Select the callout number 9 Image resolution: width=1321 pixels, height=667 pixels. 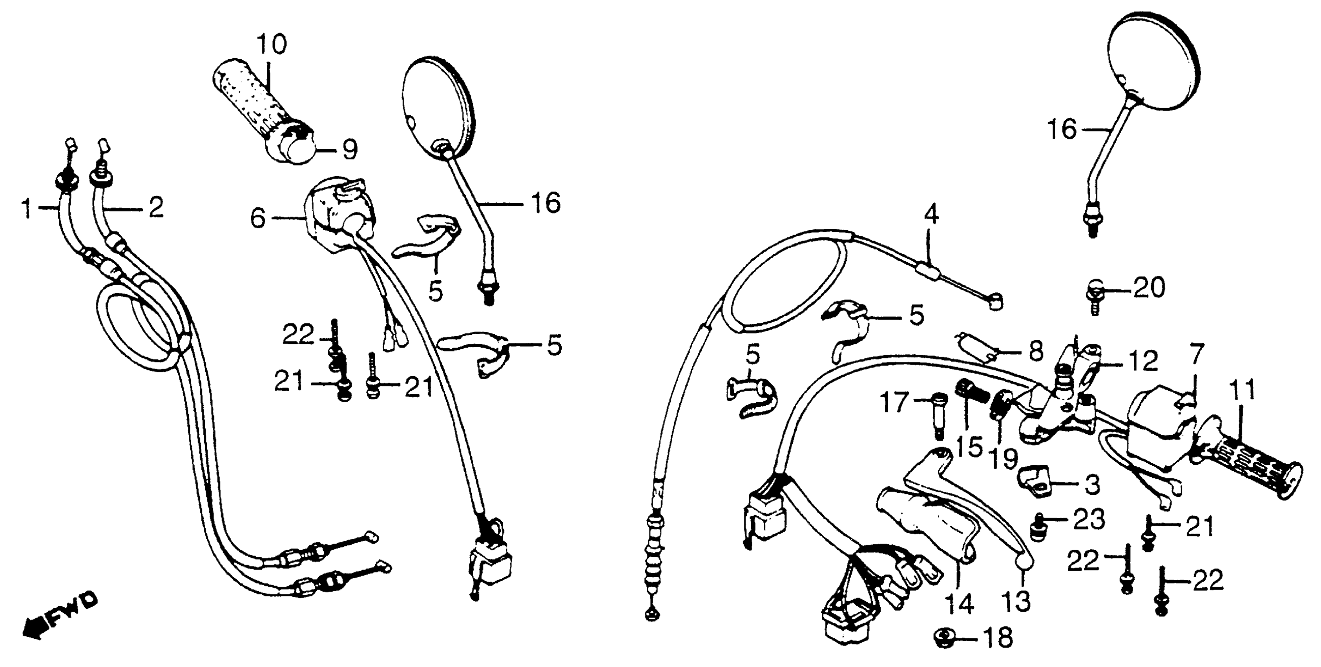(349, 149)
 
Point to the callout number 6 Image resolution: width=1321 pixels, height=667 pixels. (257, 219)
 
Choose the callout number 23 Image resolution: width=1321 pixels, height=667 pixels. (1089, 520)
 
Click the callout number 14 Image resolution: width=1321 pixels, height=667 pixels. (960, 604)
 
